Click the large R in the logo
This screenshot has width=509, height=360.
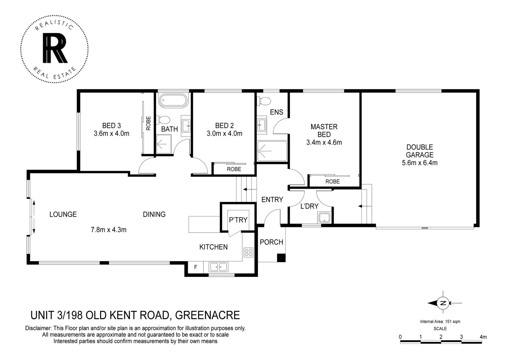55,49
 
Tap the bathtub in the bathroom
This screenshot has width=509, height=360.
173,101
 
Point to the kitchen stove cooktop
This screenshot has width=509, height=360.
249,252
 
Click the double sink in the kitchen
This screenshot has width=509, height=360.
219,267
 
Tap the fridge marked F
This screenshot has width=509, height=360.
196,267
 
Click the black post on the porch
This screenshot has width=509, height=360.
281,258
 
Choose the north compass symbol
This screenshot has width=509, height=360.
443,303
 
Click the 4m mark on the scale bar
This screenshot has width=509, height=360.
483,337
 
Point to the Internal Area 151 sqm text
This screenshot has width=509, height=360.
440,322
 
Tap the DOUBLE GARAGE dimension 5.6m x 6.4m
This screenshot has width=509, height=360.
419,163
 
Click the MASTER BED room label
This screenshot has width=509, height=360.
324,130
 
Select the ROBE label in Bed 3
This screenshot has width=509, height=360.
149,123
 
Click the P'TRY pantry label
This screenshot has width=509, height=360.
238,220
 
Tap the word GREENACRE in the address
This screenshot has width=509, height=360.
207,315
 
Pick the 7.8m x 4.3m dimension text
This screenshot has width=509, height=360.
109,230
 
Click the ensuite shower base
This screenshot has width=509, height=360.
272,151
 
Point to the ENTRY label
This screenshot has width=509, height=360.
272,200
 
